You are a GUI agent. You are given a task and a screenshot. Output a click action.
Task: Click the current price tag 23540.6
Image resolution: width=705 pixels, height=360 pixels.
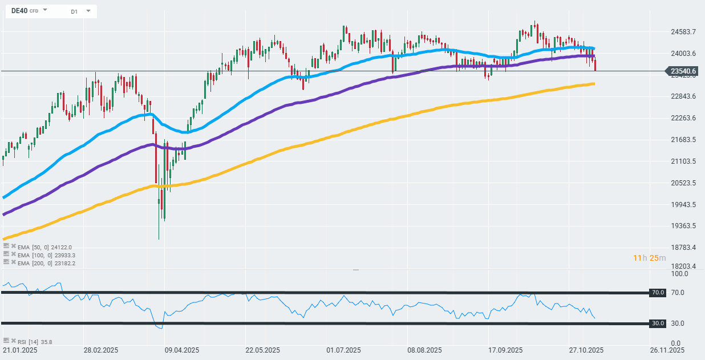684,71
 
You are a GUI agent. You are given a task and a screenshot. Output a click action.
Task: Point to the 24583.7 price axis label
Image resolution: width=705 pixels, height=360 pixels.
684,32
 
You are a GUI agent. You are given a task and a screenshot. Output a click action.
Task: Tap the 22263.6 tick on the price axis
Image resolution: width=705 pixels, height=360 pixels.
684,118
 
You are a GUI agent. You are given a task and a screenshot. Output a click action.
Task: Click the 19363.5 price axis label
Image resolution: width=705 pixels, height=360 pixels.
684,226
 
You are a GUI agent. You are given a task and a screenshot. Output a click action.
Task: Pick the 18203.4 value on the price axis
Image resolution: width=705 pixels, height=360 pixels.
684,266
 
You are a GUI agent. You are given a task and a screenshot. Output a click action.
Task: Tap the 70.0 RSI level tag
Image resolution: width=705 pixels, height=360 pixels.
658,293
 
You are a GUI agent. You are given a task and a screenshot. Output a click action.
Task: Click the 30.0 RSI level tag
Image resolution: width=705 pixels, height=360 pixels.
658,323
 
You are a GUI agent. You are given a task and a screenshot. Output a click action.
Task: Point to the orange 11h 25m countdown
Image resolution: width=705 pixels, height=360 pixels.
649,258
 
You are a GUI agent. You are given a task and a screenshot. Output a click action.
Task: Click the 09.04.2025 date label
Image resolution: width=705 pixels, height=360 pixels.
181,350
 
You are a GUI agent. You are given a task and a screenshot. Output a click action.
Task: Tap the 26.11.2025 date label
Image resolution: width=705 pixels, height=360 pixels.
667,350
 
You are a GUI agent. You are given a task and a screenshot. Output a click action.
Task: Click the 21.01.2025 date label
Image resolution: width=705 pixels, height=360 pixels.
20,350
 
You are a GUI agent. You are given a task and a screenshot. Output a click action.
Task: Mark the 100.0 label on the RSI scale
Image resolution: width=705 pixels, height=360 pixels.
679,274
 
